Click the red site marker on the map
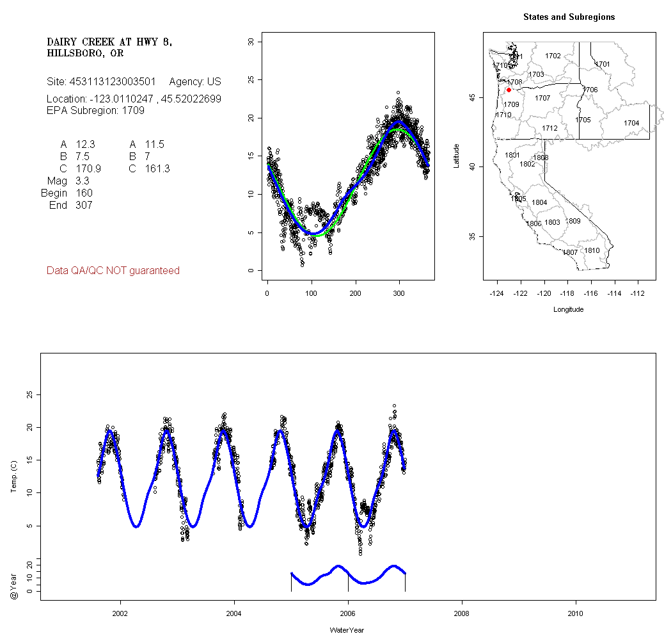[x=509, y=90]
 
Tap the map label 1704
[x=631, y=123]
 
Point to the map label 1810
[x=592, y=250]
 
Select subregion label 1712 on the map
[x=549, y=129]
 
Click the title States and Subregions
[x=569, y=17]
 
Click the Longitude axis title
[x=568, y=309]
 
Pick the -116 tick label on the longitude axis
[x=591, y=293]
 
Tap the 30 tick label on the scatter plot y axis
[x=250, y=42]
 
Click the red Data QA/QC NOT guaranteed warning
[x=113, y=271]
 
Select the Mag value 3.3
[x=83, y=181]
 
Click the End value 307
[x=84, y=206]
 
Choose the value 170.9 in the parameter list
[x=88, y=169]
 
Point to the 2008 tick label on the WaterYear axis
[x=462, y=612]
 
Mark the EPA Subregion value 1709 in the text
[x=134, y=111]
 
